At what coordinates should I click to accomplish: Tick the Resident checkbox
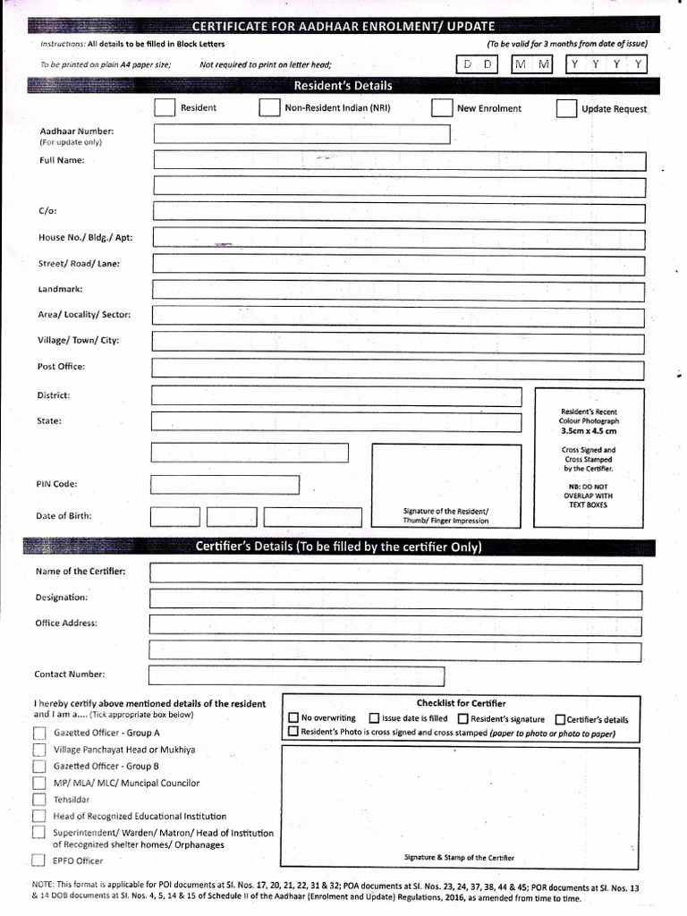coord(165,108)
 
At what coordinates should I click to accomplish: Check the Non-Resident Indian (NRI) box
coord(269,108)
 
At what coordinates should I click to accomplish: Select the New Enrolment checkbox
coord(441,108)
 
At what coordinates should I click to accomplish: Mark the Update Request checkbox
coord(566,109)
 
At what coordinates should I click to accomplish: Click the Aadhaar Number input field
coord(301,134)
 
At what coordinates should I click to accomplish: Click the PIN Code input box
coord(225,485)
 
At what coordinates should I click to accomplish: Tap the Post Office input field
coord(398,369)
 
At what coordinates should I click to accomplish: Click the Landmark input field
coord(398,290)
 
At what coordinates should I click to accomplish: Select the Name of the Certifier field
coord(395,573)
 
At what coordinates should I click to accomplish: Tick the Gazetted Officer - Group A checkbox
coord(38,734)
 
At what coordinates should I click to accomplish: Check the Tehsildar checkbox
coord(38,800)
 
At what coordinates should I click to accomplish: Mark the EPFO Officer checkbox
coord(38,861)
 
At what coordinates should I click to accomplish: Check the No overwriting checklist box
coord(293,718)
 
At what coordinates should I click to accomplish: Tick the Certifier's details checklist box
coord(560,719)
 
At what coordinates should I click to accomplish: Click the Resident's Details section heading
coord(343,86)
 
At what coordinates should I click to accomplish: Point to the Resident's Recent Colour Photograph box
coord(589,457)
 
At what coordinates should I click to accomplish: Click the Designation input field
coord(395,598)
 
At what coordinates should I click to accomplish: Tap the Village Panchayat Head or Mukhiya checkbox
coord(38,751)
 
